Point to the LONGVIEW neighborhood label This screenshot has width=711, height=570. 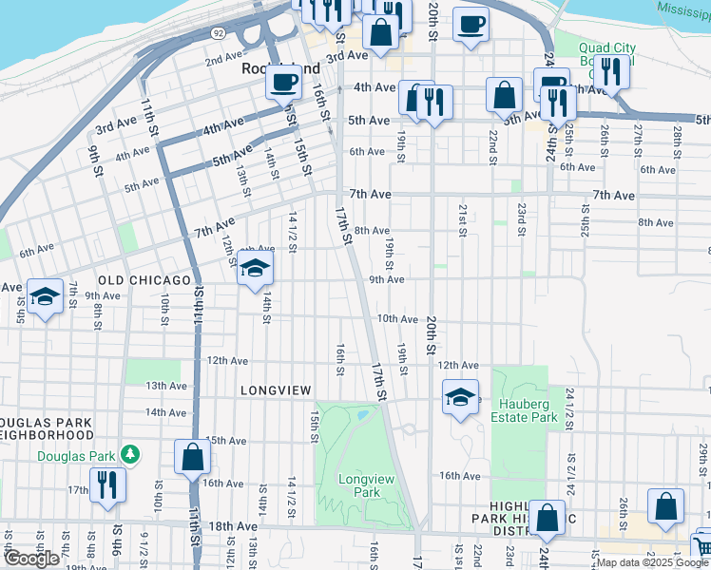277,390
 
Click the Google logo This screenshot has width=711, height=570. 31,559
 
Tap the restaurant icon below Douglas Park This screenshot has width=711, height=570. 106,484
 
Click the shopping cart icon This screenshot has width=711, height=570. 702,546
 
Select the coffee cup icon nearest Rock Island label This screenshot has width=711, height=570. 282,83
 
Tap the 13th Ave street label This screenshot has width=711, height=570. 165,386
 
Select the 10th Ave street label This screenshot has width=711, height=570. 397,319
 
